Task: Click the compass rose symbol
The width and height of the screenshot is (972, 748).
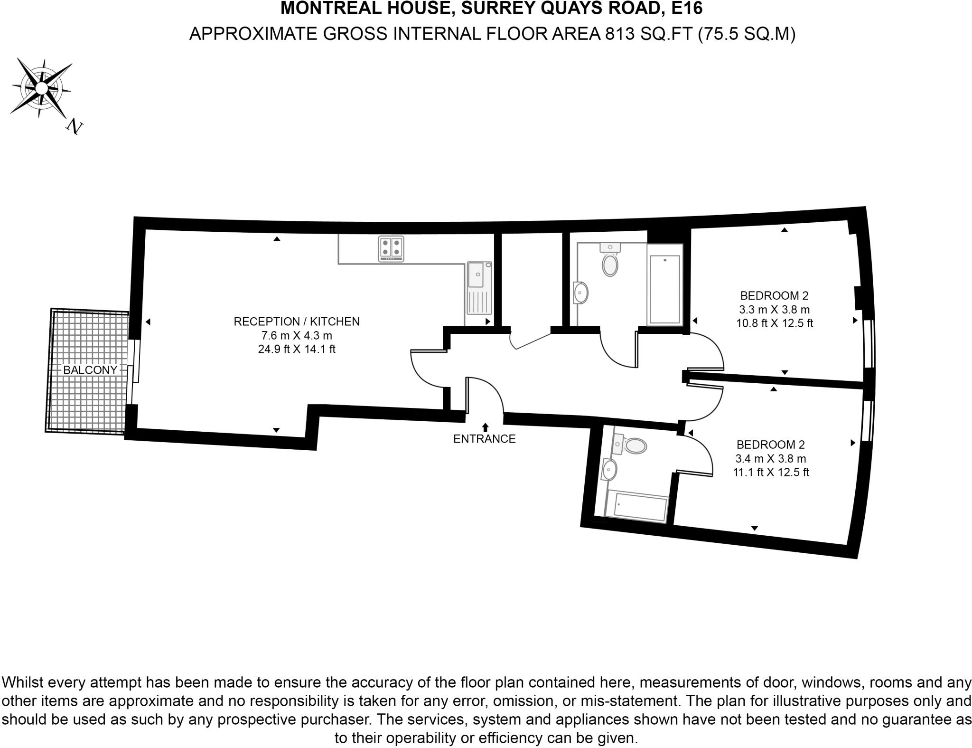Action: point(41,88)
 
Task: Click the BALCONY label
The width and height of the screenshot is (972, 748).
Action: point(90,370)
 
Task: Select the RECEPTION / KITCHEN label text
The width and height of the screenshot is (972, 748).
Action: point(297,322)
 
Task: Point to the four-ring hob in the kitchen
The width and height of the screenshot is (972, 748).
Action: point(391,249)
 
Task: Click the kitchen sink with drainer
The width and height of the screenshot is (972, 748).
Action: point(478,288)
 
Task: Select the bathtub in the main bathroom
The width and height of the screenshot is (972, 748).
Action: point(664,289)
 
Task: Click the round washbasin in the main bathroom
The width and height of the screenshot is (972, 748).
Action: point(581,293)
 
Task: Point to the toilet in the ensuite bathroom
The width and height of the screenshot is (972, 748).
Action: point(634,445)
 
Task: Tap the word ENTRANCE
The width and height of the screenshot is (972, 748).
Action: point(484,439)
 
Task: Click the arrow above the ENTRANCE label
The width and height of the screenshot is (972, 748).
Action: point(485,427)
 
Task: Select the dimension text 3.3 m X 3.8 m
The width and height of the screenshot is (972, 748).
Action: point(774,310)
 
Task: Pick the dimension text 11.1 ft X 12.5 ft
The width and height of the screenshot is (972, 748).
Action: point(771,473)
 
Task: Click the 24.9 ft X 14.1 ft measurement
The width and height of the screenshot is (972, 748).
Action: point(297,349)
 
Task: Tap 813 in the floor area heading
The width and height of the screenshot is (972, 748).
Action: point(620,34)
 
